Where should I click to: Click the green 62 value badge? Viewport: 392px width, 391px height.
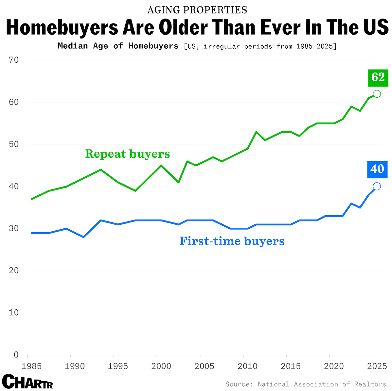click(x=378, y=77)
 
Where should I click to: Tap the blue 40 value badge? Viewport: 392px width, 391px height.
click(x=377, y=169)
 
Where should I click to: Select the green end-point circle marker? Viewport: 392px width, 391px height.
click(x=377, y=94)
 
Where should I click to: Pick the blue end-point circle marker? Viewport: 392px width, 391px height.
click(x=377, y=186)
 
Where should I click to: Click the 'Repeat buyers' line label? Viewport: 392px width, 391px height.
click(x=127, y=154)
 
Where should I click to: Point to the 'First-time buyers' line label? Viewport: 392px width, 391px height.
click(x=232, y=241)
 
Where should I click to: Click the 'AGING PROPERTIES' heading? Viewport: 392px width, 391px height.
click(x=197, y=10)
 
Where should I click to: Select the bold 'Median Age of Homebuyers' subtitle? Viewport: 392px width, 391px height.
click(x=118, y=46)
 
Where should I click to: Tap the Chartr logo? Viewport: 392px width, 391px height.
click(x=27, y=381)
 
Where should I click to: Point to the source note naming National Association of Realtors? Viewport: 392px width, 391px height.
click(x=306, y=384)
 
